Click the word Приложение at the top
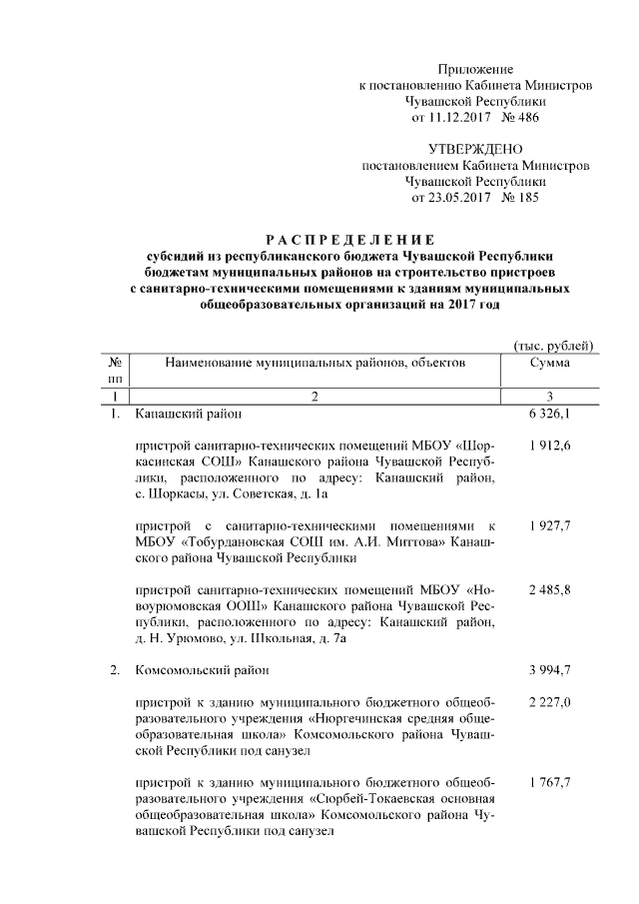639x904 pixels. (475, 70)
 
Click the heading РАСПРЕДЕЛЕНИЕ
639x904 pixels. (349, 240)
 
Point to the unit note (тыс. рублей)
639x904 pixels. (553, 345)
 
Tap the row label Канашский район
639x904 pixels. (187, 413)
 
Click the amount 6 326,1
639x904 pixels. (550, 413)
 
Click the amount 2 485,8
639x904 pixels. (550, 591)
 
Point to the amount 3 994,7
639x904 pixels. (550, 670)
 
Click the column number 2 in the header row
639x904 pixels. (314, 397)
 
